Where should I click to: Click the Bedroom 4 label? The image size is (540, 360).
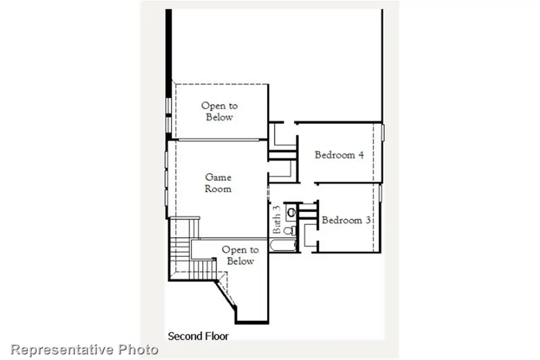[339, 155]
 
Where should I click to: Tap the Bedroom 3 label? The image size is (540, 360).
[346, 220]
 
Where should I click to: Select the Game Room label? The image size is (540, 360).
[218, 183]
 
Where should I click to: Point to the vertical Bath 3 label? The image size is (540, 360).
[277, 220]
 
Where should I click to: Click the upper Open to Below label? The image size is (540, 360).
[219, 112]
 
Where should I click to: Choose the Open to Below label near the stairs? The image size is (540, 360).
[240, 256]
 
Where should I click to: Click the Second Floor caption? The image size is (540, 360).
[198, 336]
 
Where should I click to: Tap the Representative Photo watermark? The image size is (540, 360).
[85, 349]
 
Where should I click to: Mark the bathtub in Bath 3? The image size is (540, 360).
[283, 245]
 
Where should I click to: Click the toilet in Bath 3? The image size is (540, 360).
[289, 229]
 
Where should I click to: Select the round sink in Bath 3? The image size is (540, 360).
[292, 211]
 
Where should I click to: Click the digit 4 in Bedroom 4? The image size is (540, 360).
[361, 155]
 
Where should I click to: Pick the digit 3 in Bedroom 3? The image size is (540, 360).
[367, 220]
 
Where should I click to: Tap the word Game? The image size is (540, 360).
[218, 178]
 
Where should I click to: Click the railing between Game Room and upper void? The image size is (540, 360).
[216, 140]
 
